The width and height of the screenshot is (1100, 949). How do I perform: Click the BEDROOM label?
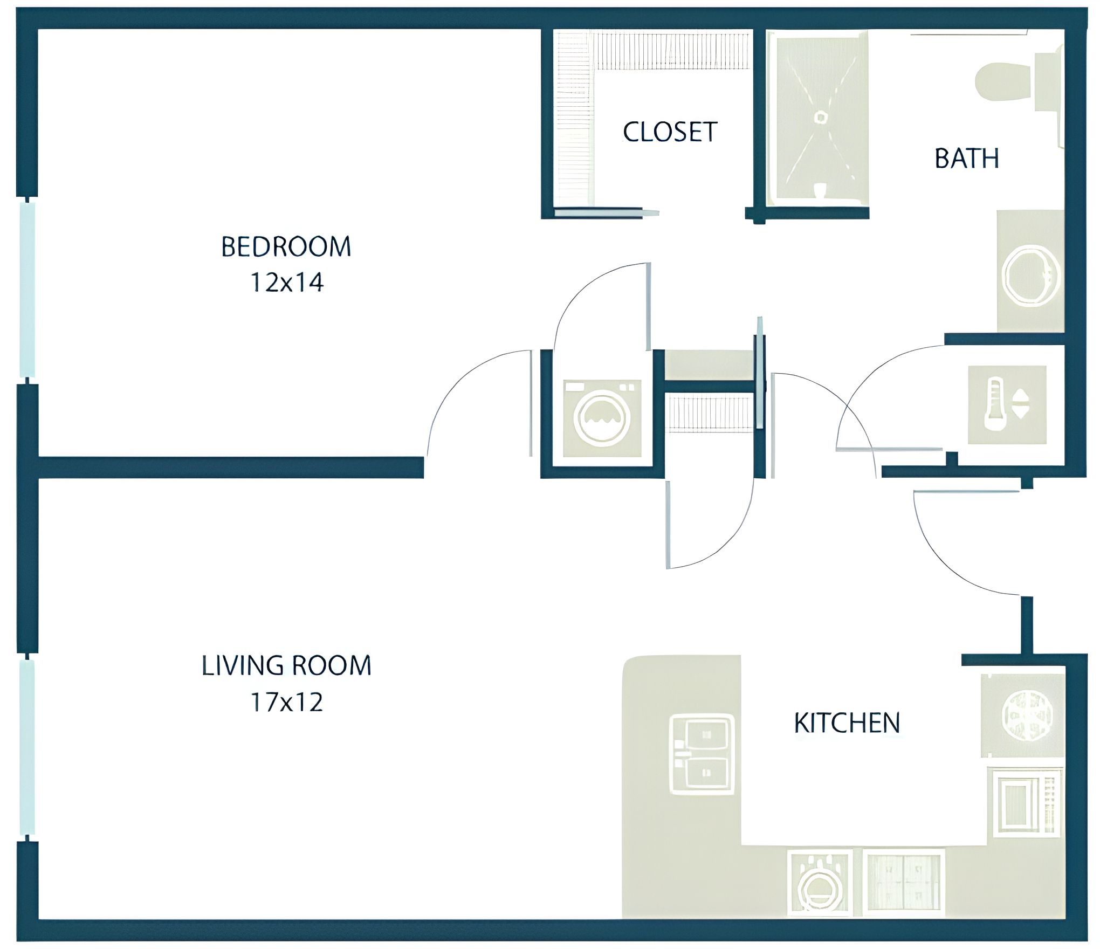pyautogui.click(x=286, y=247)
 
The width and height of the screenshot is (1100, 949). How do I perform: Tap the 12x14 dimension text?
pyautogui.click(x=286, y=283)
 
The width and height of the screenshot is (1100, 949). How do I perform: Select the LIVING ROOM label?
pyautogui.click(x=286, y=665)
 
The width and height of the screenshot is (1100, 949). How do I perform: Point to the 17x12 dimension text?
pyautogui.click(x=286, y=702)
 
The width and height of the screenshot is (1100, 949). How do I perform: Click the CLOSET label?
pyautogui.click(x=670, y=132)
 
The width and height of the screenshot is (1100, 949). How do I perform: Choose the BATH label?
pyautogui.click(x=966, y=159)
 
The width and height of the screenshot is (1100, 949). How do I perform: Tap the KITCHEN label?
pyautogui.click(x=847, y=723)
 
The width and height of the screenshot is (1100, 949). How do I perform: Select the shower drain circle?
pyautogui.click(x=821, y=117)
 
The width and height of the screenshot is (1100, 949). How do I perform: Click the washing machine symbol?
pyautogui.click(x=602, y=418)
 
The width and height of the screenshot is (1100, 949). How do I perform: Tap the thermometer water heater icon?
pyautogui.click(x=1007, y=405)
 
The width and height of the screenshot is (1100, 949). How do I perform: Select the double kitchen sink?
pyautogui.click(x=701, y=754)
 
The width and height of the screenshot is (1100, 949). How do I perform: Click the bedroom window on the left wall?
pyautogui.click(x=27, y=290)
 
